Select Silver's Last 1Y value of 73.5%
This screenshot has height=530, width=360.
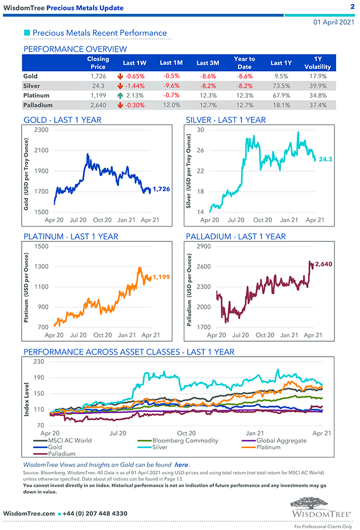[281, 85]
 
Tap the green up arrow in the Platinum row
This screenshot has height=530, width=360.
[120, 95]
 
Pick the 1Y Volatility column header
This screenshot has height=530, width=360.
[318, 62]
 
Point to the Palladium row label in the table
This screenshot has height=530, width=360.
[38, 105]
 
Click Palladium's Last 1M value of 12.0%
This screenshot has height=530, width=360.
[173, 105]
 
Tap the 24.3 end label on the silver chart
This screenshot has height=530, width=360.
[325, 159]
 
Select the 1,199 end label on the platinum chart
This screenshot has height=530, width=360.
[161, 276]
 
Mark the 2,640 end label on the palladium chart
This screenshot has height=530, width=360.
[323, 264]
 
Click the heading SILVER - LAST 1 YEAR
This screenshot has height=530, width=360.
[225, 120]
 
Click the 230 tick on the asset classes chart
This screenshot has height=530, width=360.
[39, 362]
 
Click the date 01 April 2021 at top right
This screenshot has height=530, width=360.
[333, 22]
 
